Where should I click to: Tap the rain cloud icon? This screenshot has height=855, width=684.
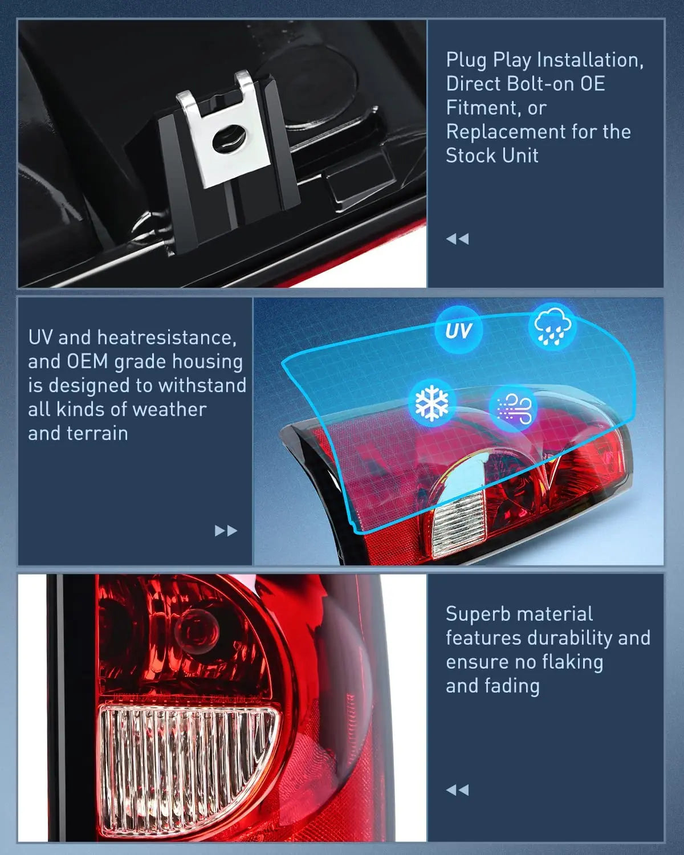tap(552, 327)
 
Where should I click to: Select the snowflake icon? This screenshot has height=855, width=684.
tap(432, 403)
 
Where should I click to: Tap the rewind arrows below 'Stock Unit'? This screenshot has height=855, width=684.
tap(457, 239)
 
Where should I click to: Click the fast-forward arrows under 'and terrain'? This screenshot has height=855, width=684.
tap(226, 531)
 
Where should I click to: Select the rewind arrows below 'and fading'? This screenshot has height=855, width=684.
tap(457, 790)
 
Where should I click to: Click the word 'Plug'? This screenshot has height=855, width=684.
tap(467, 60)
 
